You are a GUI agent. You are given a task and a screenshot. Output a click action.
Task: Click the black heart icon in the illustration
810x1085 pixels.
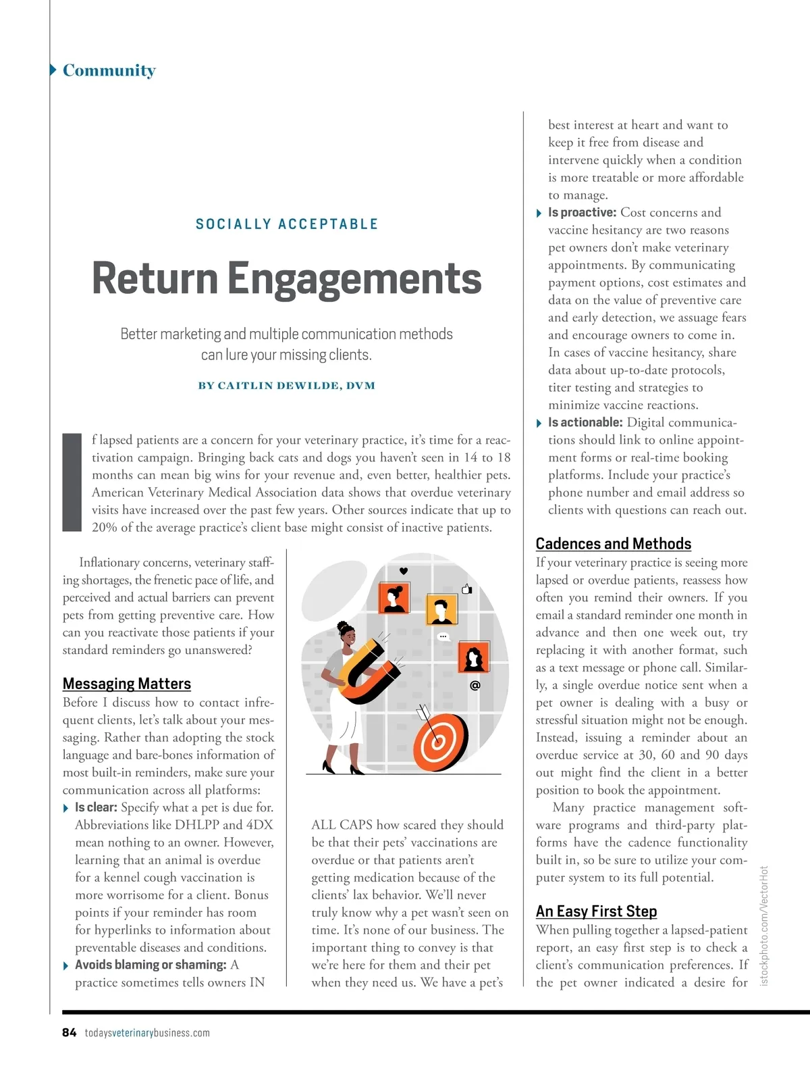tap(404, 571)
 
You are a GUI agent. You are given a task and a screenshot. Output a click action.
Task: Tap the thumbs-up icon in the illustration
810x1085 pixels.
tap(466, 588)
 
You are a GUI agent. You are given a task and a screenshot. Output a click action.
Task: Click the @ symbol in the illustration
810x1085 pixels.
tap(475, 685)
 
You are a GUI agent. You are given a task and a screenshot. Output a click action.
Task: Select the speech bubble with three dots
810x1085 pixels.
tap(443, 636)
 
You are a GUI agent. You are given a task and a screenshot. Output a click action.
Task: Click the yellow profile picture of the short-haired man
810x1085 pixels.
tap(442, 610)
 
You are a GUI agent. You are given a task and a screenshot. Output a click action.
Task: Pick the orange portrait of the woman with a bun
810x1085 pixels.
tap(394, 597)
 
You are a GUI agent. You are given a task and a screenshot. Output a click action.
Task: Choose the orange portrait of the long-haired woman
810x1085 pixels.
tap(473, 656)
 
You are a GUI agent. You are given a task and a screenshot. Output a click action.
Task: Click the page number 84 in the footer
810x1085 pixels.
tap(69, 1032)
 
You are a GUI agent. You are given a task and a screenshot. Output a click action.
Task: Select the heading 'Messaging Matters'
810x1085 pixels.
tap(127, 684)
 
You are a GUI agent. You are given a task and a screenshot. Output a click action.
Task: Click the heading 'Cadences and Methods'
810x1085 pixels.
tap(613, 544)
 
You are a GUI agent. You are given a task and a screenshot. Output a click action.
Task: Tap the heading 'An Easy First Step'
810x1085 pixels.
tap(596, 911)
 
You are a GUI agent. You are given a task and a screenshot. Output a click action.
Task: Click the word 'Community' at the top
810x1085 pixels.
tap(109, 70)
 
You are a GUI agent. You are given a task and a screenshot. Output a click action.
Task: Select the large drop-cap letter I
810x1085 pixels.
tap(72, 482)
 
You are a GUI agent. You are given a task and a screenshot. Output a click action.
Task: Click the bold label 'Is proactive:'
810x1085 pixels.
tap(582, 213)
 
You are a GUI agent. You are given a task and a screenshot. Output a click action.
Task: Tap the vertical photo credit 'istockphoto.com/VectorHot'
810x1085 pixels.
tap(764, 925)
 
